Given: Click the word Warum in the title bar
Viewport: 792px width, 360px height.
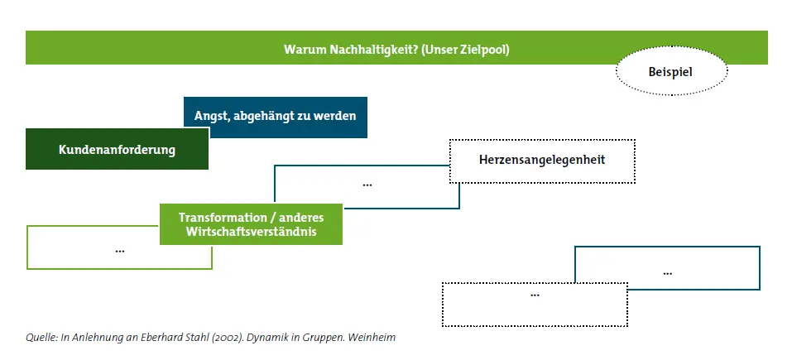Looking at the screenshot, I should coord(302,49).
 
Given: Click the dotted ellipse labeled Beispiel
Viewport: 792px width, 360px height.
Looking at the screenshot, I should coord(670,73).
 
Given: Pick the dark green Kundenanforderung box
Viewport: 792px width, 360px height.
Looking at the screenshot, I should coord(117,150).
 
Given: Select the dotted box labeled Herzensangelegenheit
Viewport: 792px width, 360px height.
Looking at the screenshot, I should coord(542,158).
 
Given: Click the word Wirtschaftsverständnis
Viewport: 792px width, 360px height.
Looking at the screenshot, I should coord(251,233).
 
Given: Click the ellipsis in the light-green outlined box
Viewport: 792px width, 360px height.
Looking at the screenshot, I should coord(120,249).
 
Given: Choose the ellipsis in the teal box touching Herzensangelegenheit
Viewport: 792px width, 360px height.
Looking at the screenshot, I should coord(367,184).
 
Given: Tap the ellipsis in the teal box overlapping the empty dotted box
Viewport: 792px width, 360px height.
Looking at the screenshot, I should coord(668,271).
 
